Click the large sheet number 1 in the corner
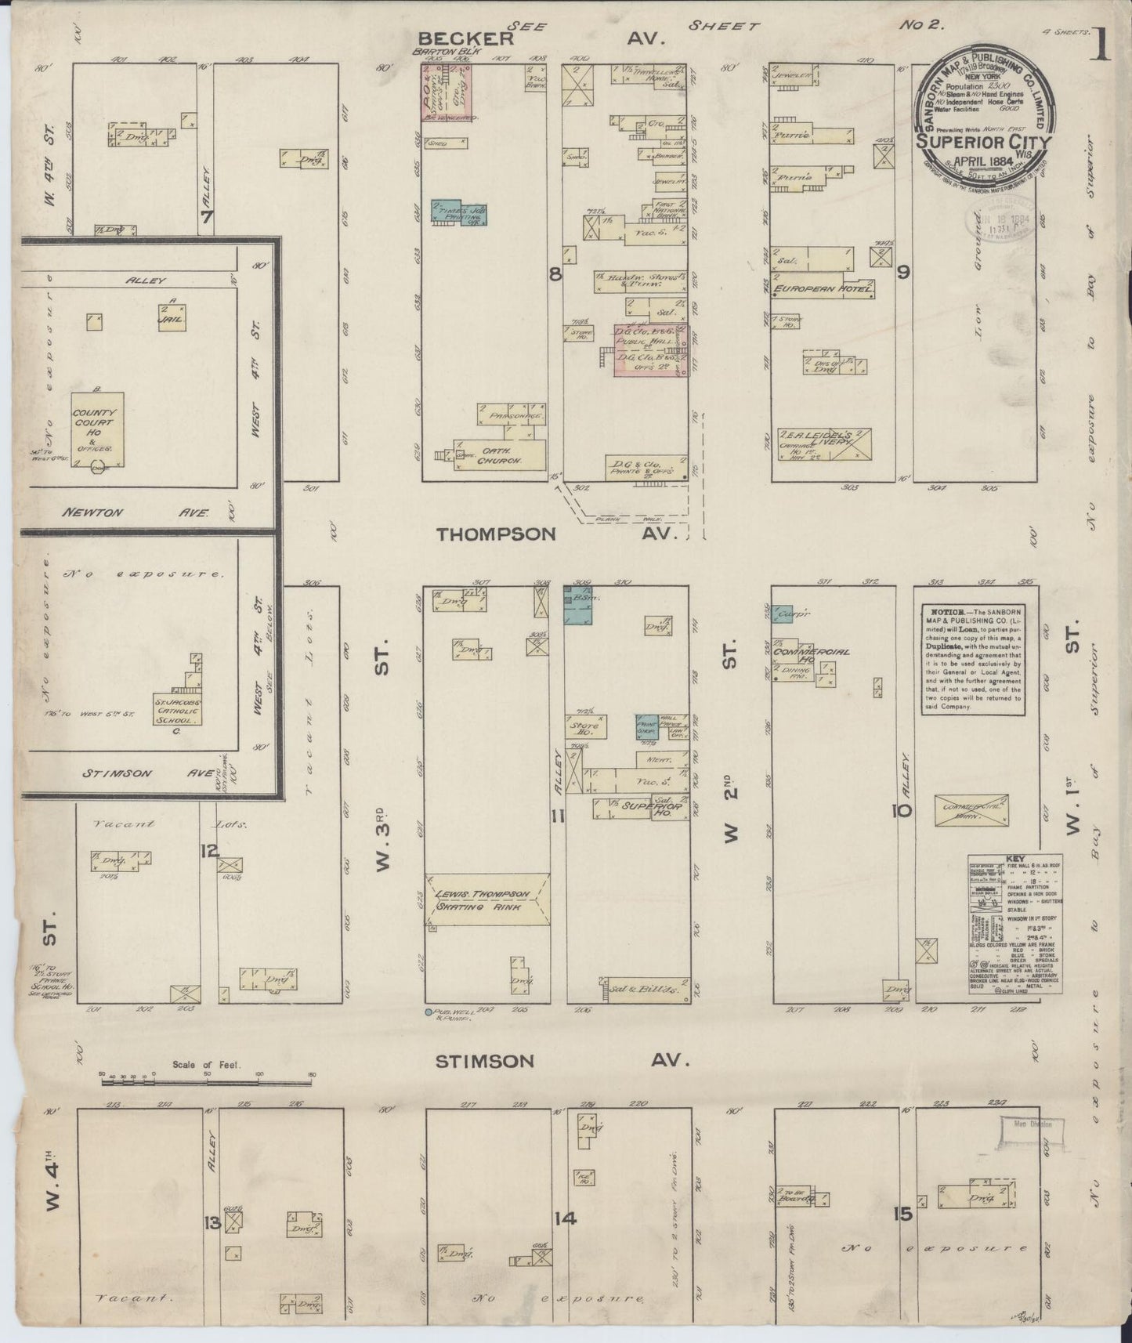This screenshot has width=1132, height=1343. click(1101, 44)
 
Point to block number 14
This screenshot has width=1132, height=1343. click(566, 1218)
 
